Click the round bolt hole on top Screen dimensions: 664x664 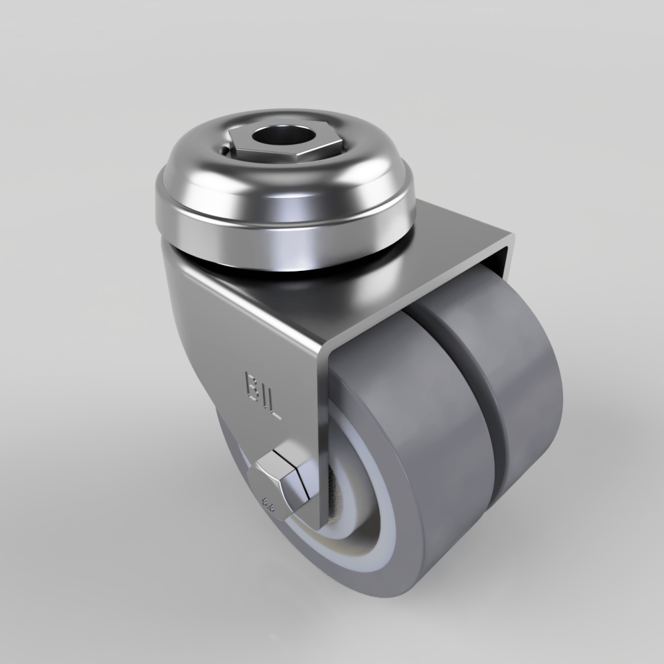[x=274, y=139]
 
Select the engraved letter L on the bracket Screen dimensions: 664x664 [x=274, y=405]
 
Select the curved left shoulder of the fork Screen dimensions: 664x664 [x=186, y=279]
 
